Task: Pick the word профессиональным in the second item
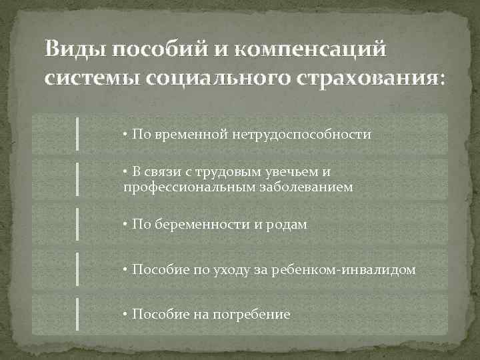click(x=177, y=187)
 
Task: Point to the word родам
click(x=287, y=225)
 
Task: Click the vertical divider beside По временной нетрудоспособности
click(x=77, y=133)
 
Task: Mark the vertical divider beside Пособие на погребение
click(x=77, y=314)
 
